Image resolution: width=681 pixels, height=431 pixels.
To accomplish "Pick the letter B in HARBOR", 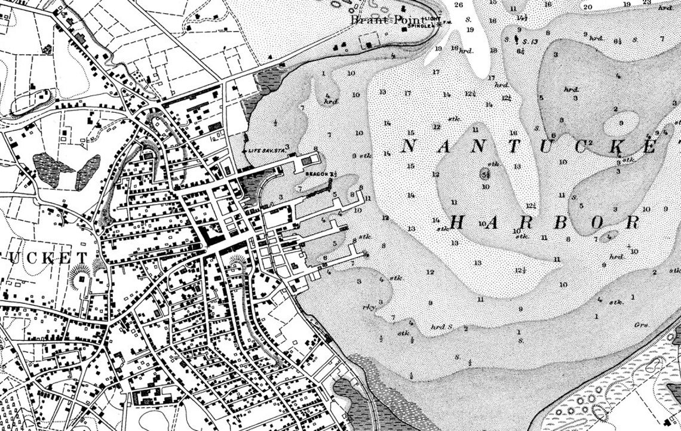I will [561, 223].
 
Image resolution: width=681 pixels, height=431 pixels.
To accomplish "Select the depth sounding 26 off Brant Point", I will [459, 5].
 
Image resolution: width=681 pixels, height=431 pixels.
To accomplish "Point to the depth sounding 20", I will [588, 7].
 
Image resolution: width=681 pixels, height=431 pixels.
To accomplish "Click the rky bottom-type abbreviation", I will [368, 307].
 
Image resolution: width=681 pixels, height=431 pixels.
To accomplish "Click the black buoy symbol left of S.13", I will [516, 39].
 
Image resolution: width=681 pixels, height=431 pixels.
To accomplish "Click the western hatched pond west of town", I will [48, 163].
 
